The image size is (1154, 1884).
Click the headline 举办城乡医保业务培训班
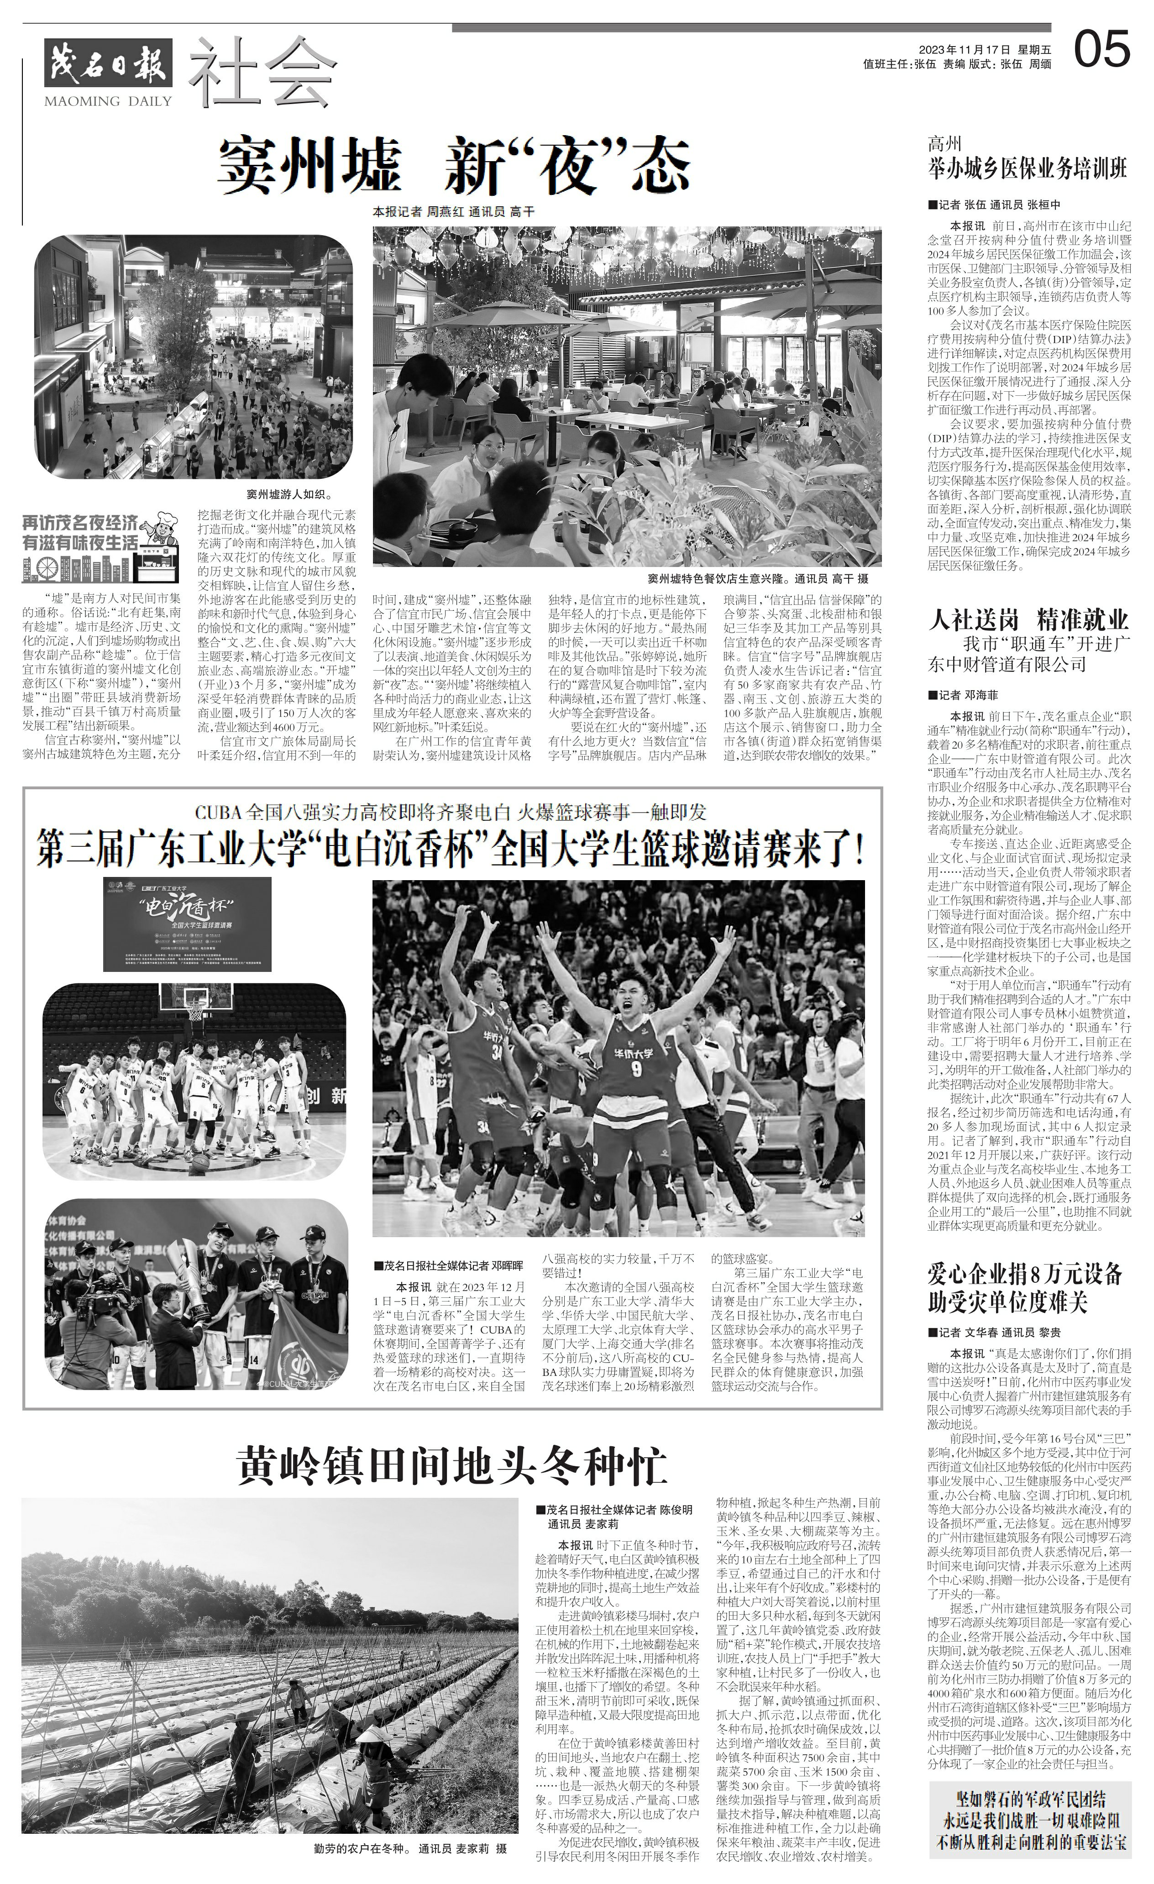click(x=1027, y=169)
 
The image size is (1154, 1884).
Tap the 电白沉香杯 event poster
click(x=187, y=924)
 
